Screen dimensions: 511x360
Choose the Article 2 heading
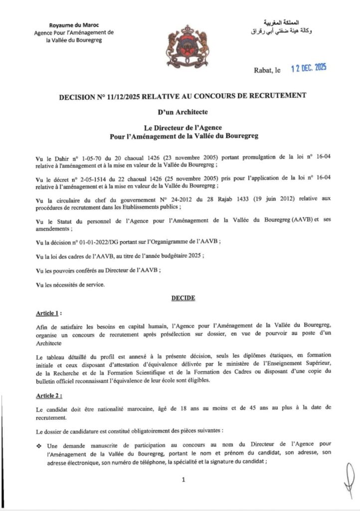(x=49, y=394)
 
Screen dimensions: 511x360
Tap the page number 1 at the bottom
(x=183, y=480)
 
